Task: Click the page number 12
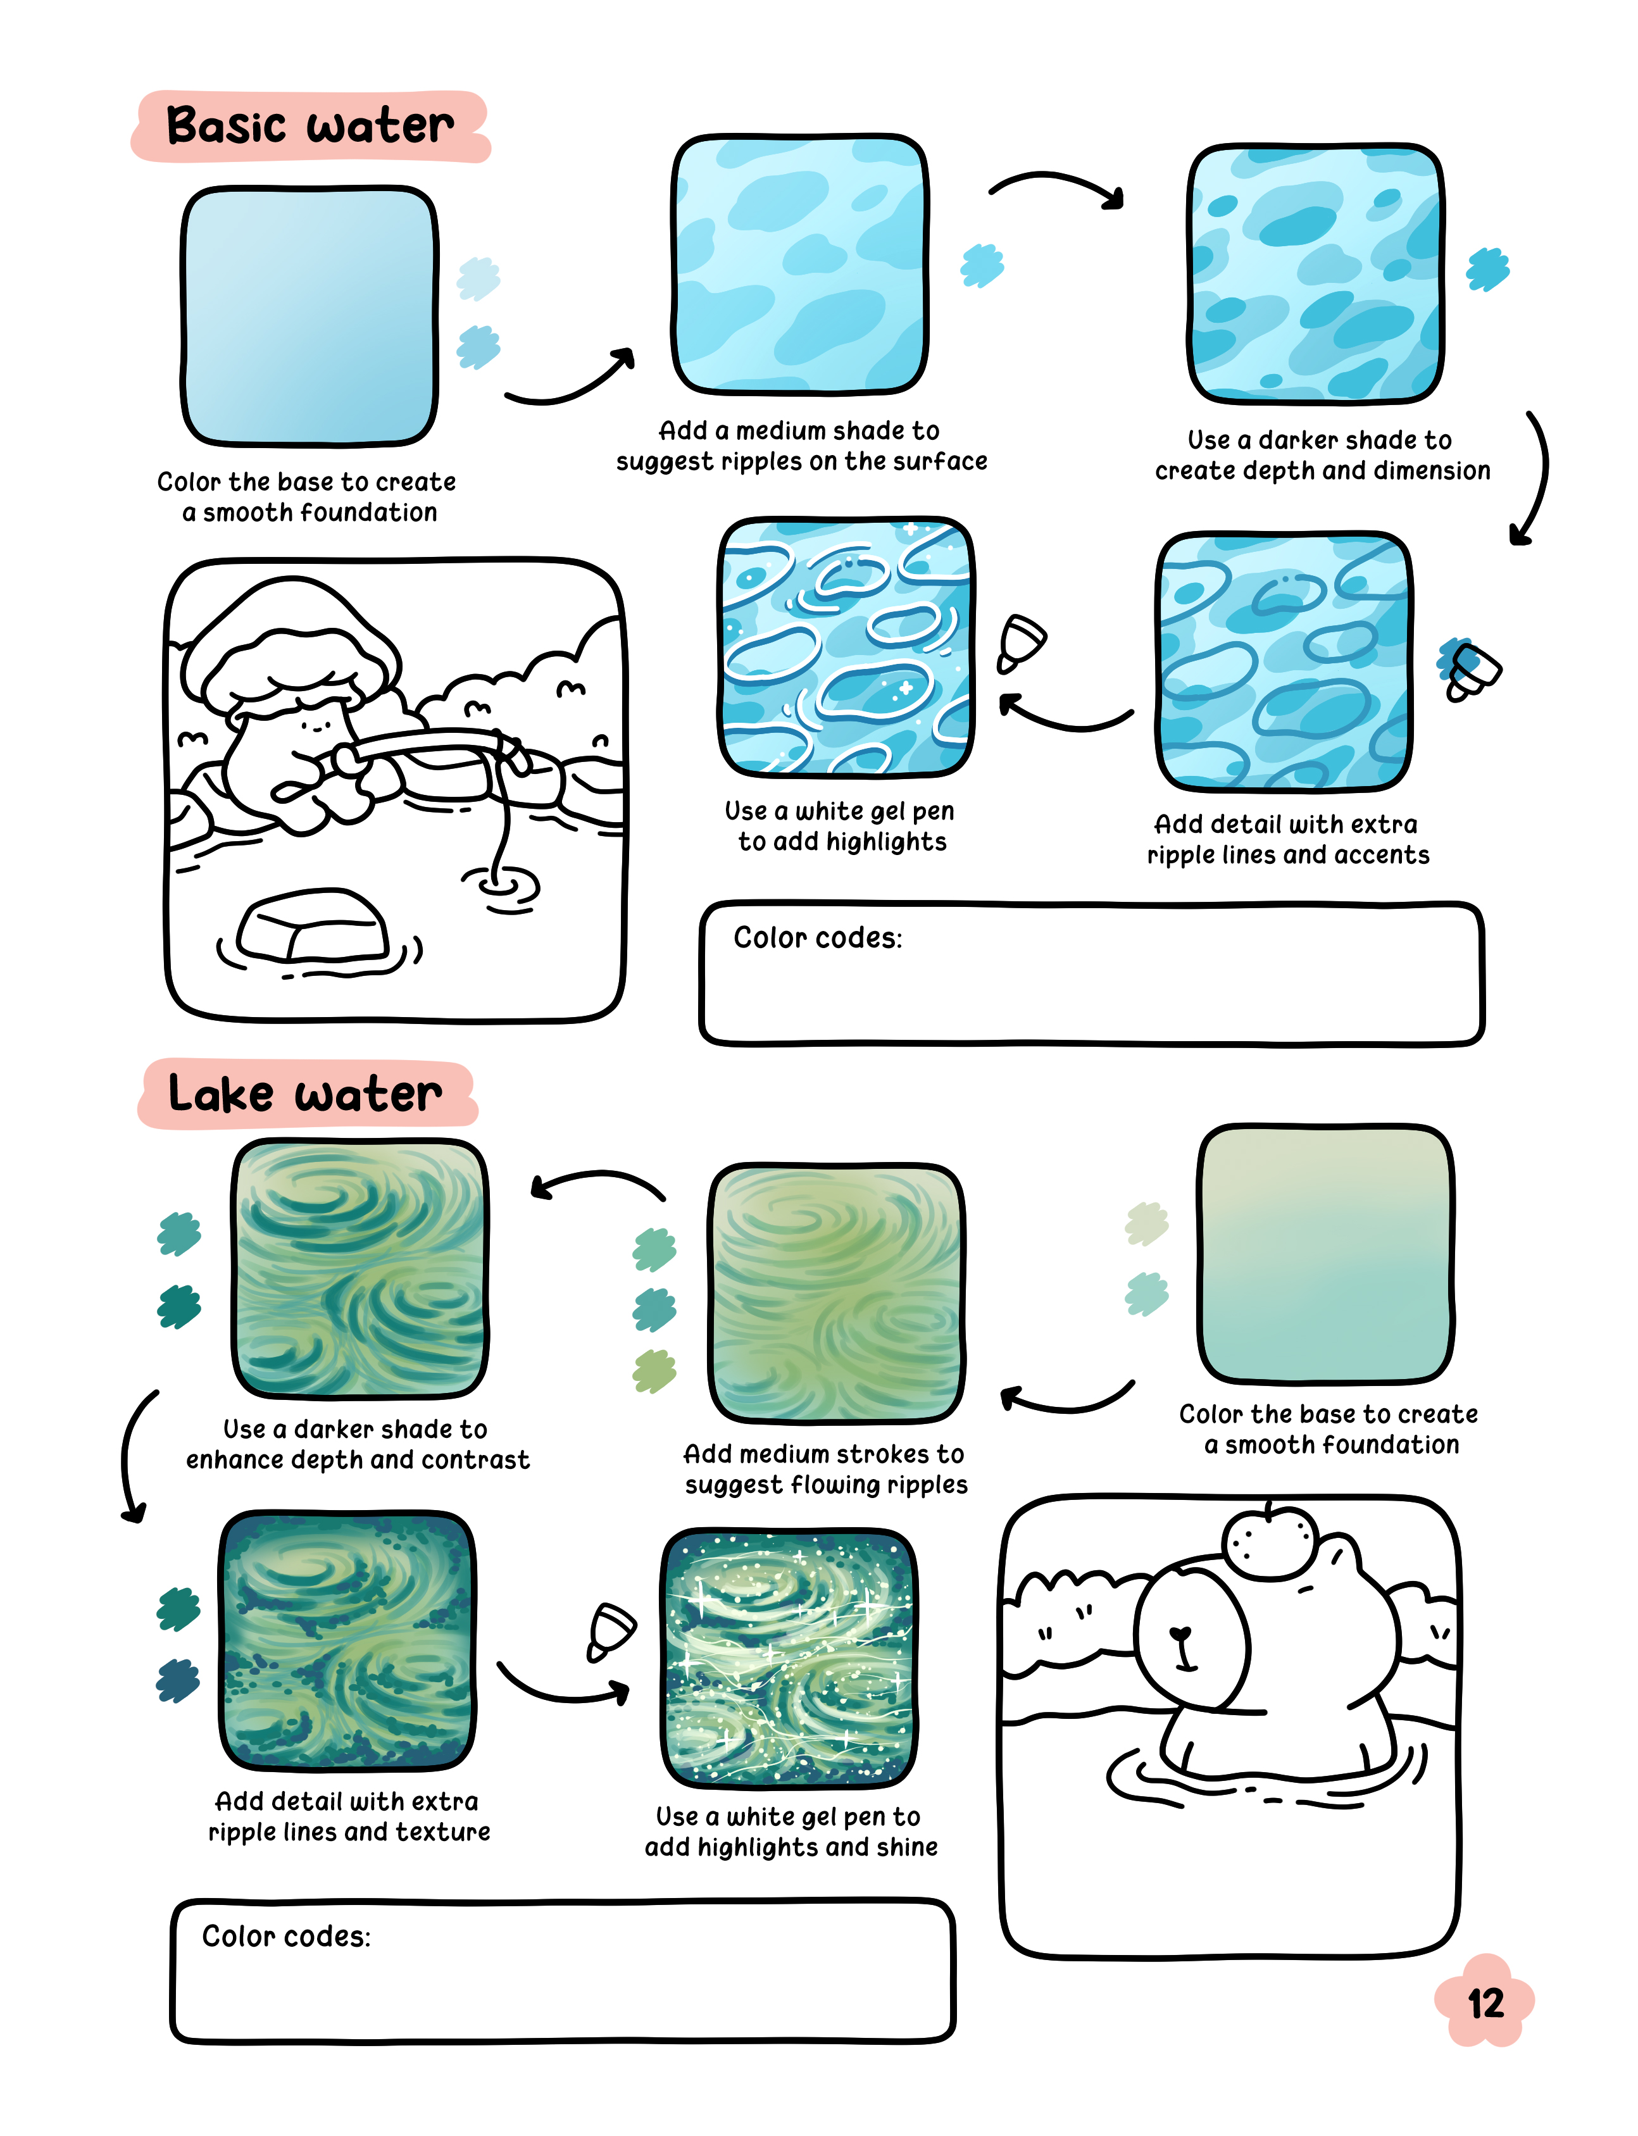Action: click(1486, 2004)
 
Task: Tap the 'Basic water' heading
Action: click(310, 126)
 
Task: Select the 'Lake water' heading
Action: click(305, 1093)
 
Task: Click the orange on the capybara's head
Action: click(1268, 1541)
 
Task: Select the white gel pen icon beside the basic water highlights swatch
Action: click(1021, 642)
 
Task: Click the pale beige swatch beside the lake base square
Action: click(1147, 1223)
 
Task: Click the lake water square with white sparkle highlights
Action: click(790, 1658)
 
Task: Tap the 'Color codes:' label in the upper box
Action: click(818, 938)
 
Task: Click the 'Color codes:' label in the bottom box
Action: click(287, 1936)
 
